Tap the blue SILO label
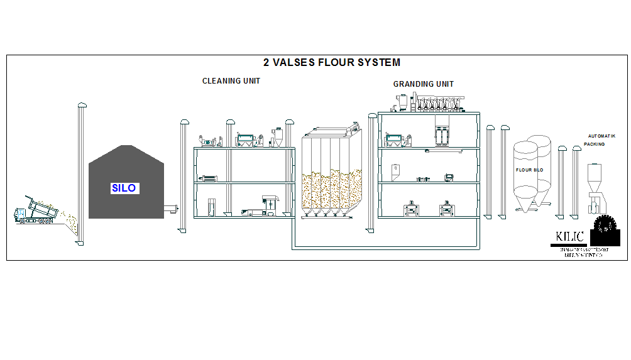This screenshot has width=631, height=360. (x=123, y=188)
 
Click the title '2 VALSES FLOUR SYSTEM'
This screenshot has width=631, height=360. (x=331, y=63)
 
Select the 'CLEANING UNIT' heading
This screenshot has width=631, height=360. (x=231, y=81)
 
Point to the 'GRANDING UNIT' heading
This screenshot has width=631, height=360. (x=423, y=84)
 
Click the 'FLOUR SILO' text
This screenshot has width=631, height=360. (x=529, y=170)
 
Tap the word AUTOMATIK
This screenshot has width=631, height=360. (x=601, y=136)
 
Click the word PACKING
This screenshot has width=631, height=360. (x=594, y=144)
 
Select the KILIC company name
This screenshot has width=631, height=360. (x=569, y=237)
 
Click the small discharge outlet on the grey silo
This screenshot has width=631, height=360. (x=170, y=207)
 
